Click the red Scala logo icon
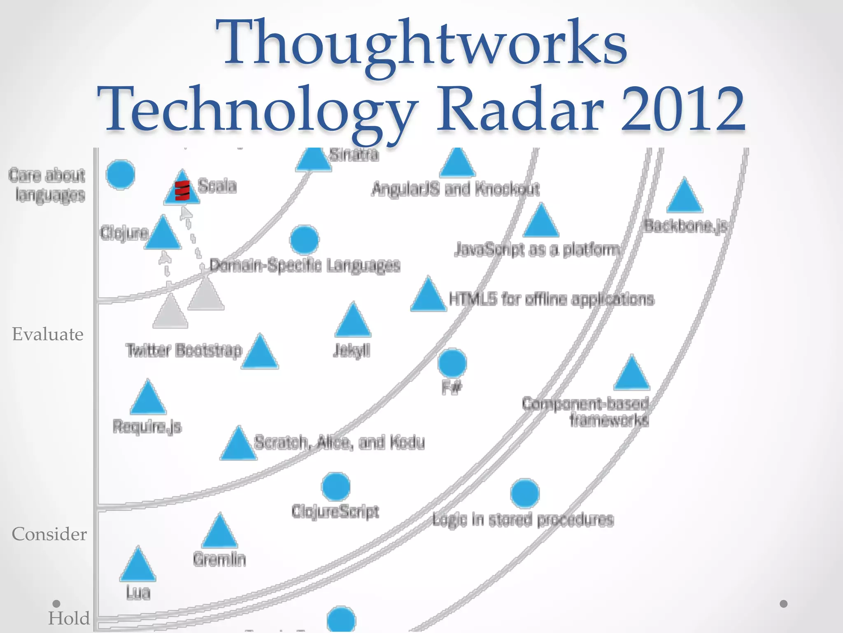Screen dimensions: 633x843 pyautogui.click(x=182, y=190)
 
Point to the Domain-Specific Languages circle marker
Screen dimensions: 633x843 pyautogui.click(x=304, y=240)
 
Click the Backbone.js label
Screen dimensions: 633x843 pyautogui.click(x=685, y=226)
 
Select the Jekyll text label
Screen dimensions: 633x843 pyautogui.click(x=352, y=351)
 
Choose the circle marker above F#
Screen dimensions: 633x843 pyautogui.click(x=452, y=363)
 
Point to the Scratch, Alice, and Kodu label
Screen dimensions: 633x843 pyautogui.click(x=339, y=442)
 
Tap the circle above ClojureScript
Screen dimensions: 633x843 pyautogui.click(x=336, y=487)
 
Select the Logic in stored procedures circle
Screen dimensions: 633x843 pyautogui.click(x=524, y=493)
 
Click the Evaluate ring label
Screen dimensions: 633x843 pyautogui.click(x=48, y=334)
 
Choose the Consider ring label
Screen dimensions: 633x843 pyautogui.click(x=49, y=534)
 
